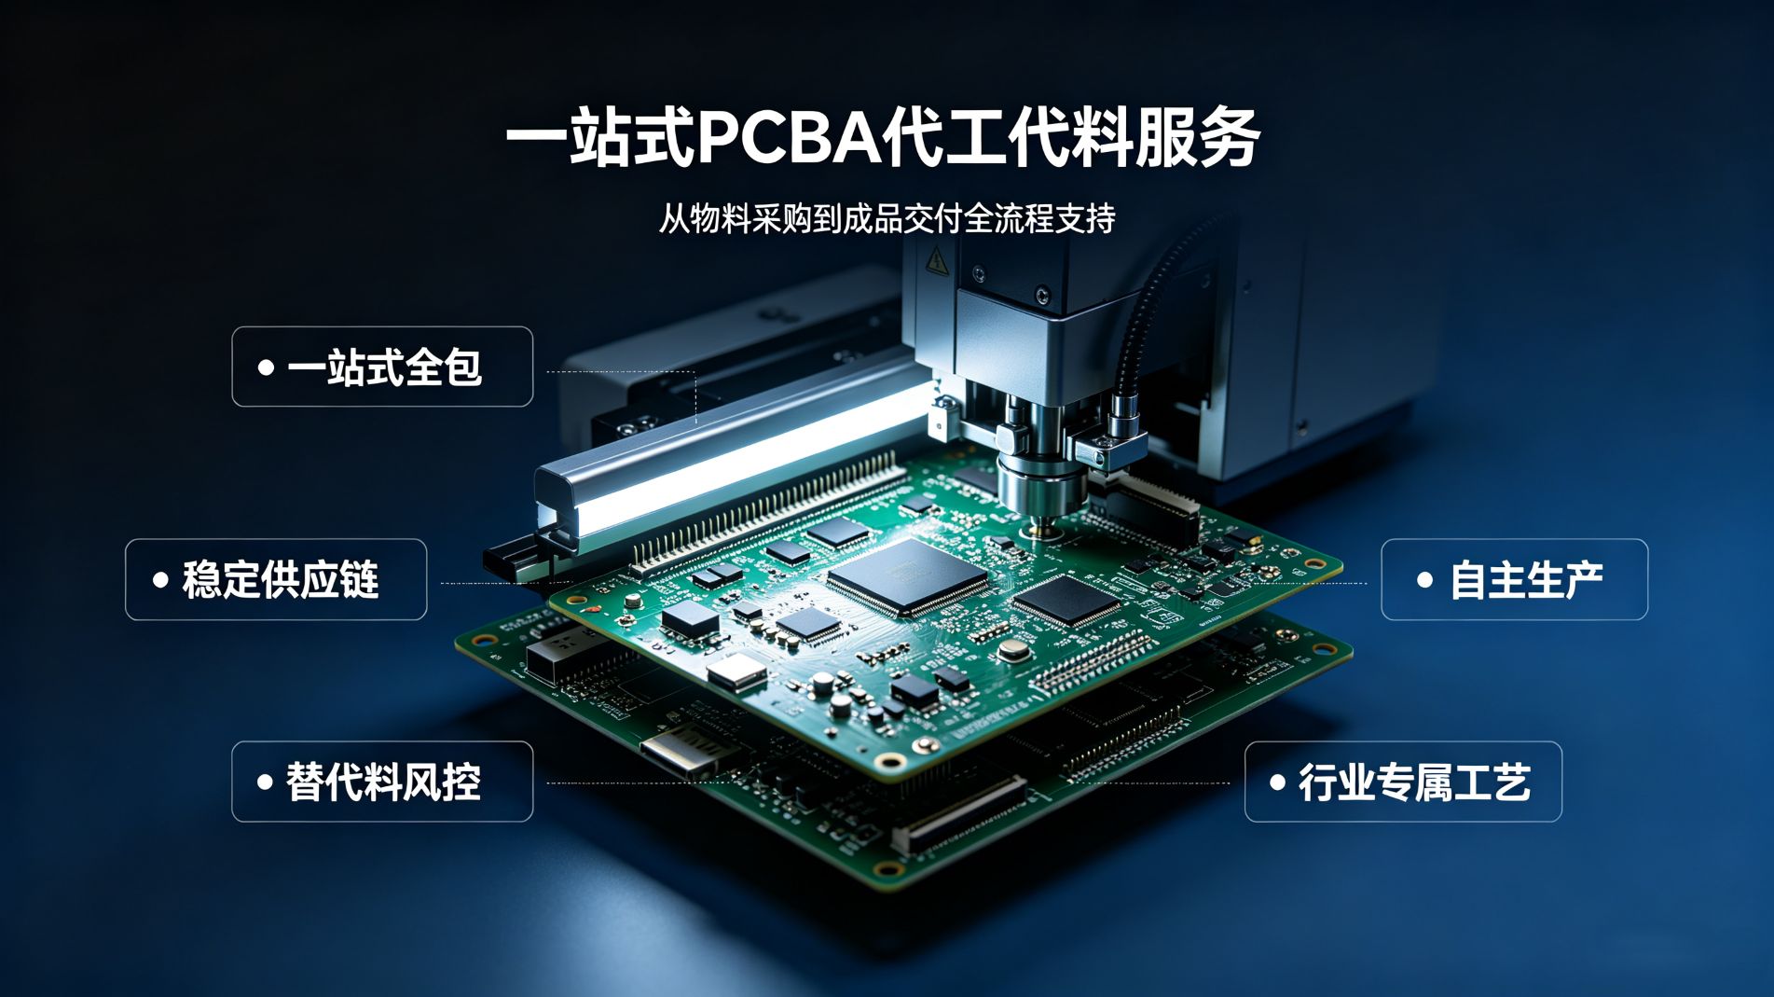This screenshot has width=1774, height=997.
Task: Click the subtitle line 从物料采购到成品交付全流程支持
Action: tap(887, 219)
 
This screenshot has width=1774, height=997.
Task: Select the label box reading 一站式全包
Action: tap(382, 367)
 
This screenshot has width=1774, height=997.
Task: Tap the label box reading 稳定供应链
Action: tap(276, 579)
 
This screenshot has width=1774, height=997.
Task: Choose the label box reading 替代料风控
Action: tap(382, 782)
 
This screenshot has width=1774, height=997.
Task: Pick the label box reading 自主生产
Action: tap(1514, 579)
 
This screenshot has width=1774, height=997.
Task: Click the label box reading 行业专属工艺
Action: tap(1403, 782)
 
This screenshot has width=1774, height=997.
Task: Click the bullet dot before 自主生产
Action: tap(1424, 580)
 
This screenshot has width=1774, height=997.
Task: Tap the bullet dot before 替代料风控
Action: tap(266, 782)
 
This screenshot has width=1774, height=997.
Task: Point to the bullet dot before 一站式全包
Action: tap(266, 367)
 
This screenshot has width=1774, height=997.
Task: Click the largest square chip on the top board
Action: tap(906, 576)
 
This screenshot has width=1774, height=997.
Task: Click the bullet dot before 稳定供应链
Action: tap(160, 580)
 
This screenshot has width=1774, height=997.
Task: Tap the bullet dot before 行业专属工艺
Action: tap(1278, 782)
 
